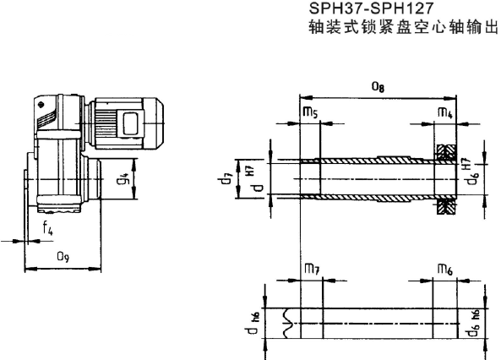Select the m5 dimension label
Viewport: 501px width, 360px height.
click(x=308, y=112)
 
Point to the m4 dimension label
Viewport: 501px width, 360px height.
click(x=444, y=112)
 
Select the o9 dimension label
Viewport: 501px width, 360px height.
click(x=63, y=254)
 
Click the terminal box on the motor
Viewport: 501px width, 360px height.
click(x=133, y=120)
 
